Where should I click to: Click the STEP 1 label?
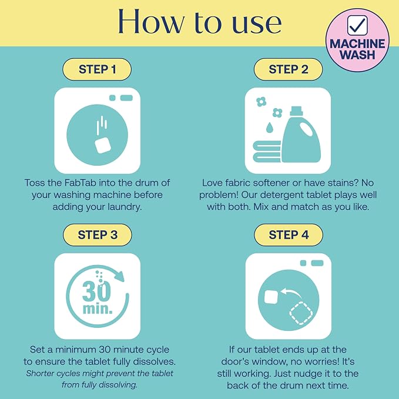97,69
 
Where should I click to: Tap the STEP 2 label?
289,69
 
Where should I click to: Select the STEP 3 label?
98,235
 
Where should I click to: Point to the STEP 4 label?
289,235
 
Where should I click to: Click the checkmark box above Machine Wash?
357,25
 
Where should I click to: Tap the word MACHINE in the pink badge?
357,43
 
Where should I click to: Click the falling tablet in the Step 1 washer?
103,145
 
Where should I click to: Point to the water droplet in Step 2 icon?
269,128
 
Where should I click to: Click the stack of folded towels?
267,152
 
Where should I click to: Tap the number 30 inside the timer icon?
96,291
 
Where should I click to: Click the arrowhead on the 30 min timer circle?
119,276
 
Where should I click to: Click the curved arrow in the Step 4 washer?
291,293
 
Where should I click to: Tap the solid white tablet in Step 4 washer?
271,297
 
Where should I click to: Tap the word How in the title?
150,22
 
